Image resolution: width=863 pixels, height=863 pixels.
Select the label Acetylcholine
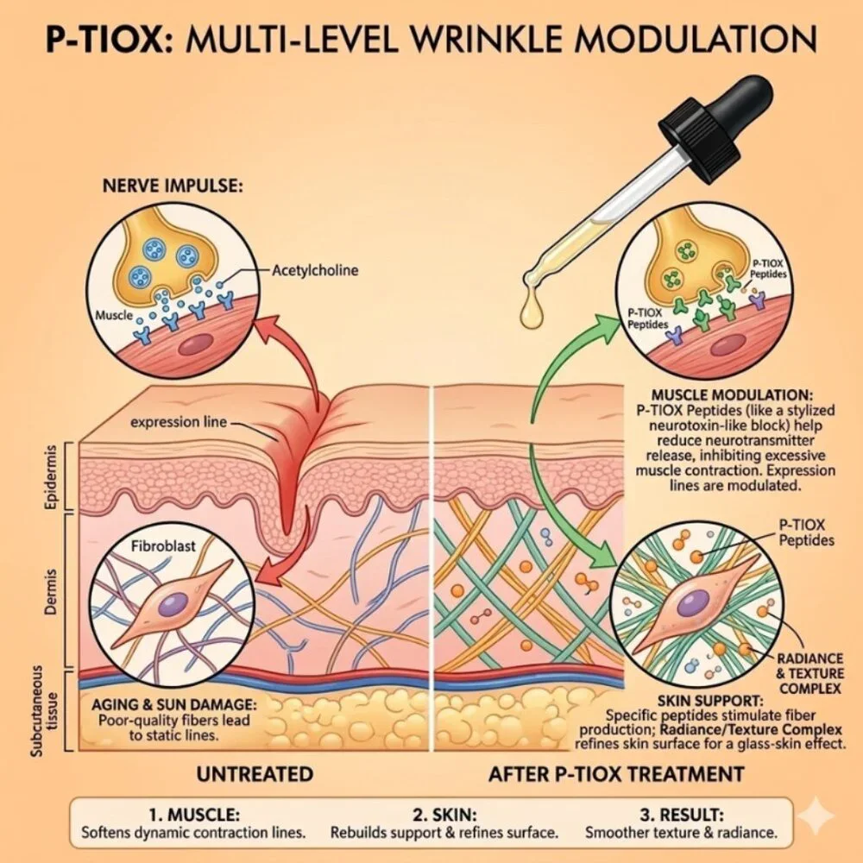(x=316, y=270)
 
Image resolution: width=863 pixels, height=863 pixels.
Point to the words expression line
(x=179, y=422)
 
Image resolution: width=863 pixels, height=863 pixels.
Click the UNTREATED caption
(x=255, y=773)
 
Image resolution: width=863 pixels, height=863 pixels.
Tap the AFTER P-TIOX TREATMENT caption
(x=616, y=773)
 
